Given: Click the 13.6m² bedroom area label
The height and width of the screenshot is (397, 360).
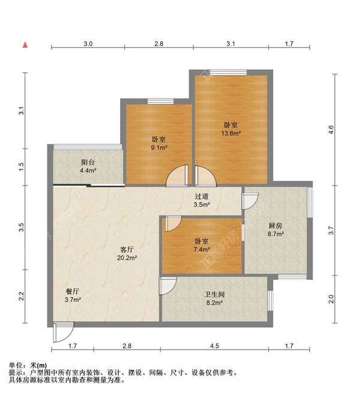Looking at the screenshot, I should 231,133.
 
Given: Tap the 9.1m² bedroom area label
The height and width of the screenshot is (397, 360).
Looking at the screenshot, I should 159,147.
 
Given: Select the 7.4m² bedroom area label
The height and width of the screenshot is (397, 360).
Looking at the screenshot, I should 202,249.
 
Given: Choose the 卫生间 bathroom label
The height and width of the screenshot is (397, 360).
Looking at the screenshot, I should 214,294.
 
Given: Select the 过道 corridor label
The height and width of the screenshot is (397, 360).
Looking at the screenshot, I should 202,196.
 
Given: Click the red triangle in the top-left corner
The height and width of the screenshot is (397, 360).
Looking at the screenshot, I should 25,44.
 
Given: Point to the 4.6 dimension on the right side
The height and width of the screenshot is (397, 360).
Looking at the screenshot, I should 331,129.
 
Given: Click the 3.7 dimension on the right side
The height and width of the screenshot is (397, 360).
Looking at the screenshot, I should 331,229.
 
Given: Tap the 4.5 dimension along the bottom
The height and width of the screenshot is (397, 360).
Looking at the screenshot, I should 214,345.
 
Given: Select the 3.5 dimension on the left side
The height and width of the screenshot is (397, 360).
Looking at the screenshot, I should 21,228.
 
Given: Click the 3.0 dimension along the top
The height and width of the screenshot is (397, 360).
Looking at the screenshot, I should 88,44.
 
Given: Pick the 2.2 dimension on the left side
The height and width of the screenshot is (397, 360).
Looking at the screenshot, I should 21,296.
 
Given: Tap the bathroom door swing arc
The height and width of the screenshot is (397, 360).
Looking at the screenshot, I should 167,285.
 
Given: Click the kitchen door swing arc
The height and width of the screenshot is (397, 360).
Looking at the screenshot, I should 250,201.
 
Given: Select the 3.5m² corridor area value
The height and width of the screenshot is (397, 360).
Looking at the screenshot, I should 202,205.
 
